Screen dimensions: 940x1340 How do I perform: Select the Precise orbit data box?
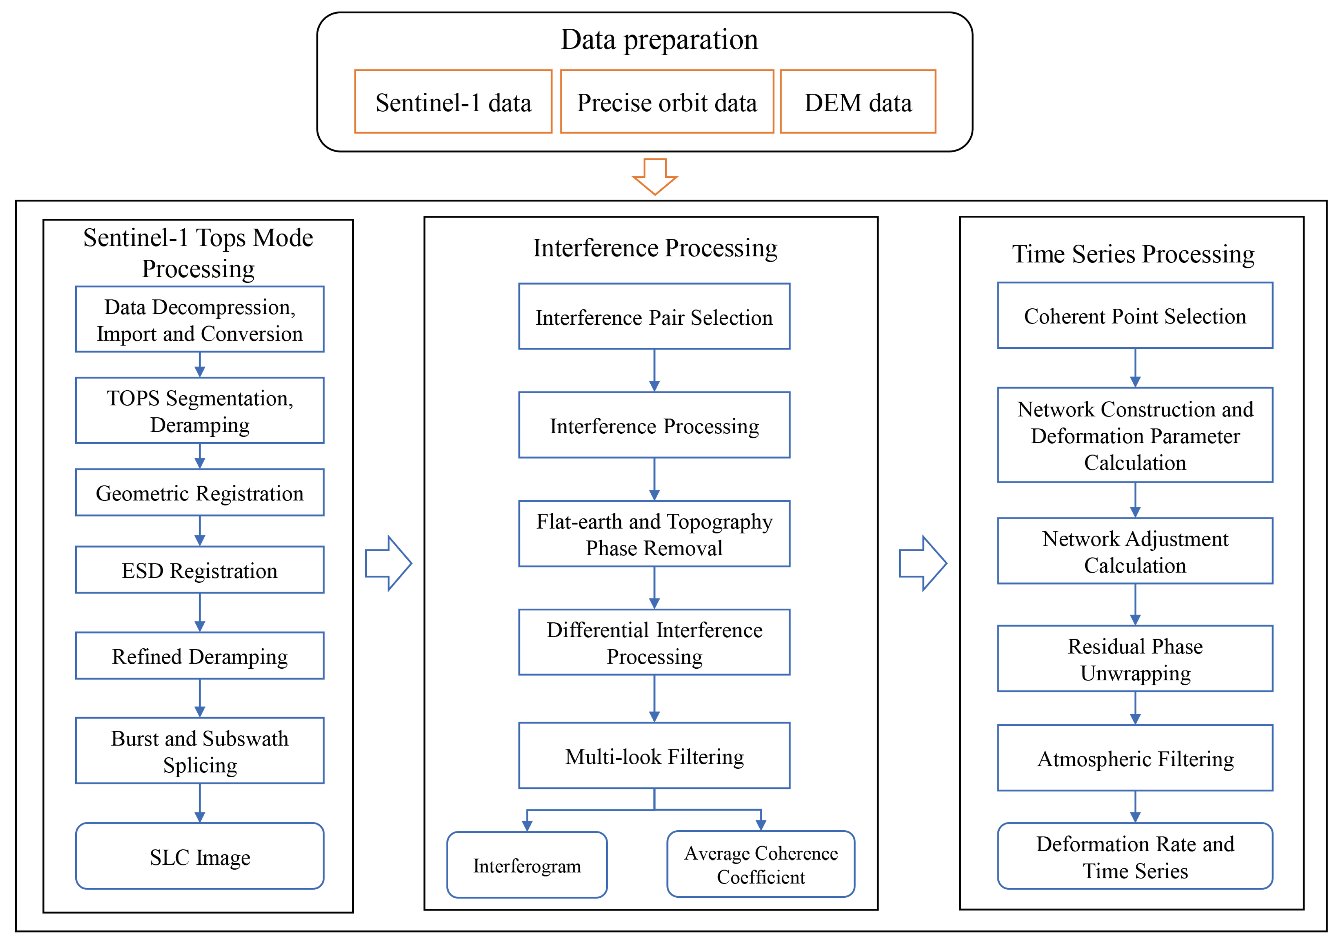point(667,102)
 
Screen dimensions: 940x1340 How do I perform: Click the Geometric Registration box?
point(199,493)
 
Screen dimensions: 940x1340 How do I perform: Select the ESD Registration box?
point(199,570)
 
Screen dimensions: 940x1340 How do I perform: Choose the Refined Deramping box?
point(199,656)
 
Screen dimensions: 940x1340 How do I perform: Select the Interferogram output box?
point(527,865)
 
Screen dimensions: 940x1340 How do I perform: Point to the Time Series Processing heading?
point(1133,254)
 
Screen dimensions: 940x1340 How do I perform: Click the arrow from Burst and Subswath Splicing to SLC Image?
point(199,804)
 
